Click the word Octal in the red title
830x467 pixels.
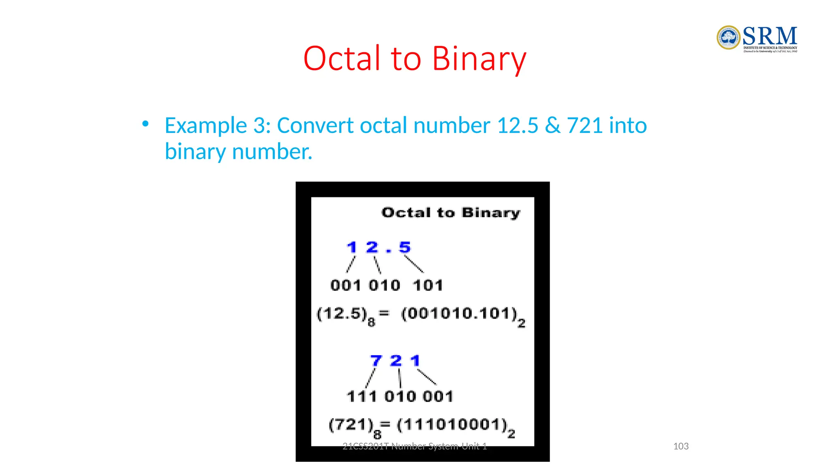(342, 59)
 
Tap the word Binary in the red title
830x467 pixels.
(479, 60)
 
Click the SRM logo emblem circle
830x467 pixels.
(728, 38)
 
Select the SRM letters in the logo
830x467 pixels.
(770, 36)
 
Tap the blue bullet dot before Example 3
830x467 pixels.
(145, 124)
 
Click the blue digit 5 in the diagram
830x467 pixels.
(404, 247)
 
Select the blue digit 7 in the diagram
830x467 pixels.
(376, 360)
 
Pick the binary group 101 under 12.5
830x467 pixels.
(428, 285)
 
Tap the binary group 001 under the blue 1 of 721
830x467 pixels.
(438, 396)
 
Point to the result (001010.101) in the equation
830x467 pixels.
(459, 313)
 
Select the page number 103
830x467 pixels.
(681, 446)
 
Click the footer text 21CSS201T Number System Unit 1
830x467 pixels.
(415, 446)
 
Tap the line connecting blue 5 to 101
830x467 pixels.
(414, 264)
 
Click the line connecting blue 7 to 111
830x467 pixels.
(370, 378)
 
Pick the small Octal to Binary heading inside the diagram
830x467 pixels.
(450, 212)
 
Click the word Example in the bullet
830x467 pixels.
(205, 125)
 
